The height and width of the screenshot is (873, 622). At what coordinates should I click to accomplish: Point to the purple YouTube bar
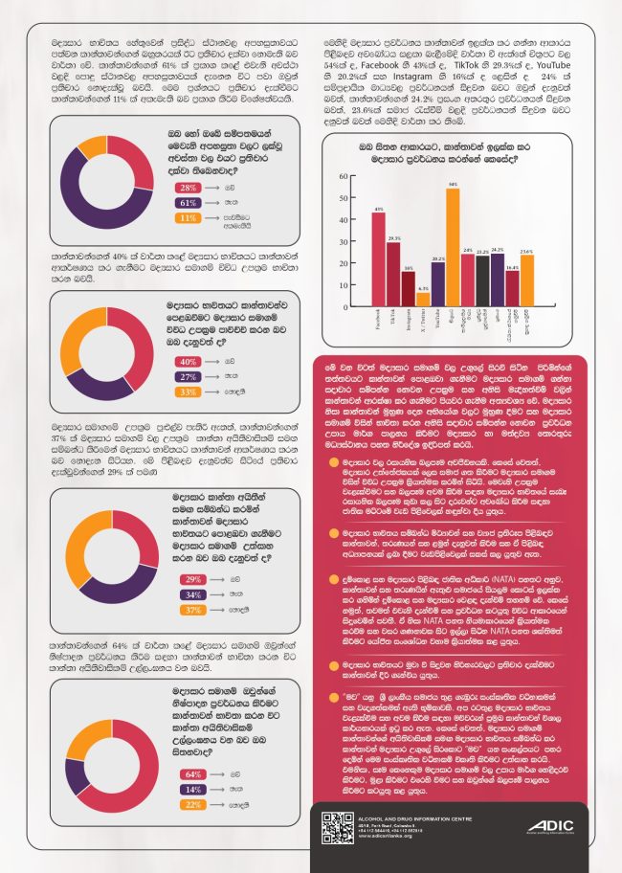(437, 283)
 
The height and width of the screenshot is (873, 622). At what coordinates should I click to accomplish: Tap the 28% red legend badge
(189, 188)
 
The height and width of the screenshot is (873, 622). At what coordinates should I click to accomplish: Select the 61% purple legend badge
(189, 203)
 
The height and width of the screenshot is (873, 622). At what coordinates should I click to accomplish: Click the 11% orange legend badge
(189, 217)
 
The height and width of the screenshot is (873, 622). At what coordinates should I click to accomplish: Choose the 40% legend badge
(189, 362)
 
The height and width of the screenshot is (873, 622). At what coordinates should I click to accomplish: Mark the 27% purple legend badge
(189, 377)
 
